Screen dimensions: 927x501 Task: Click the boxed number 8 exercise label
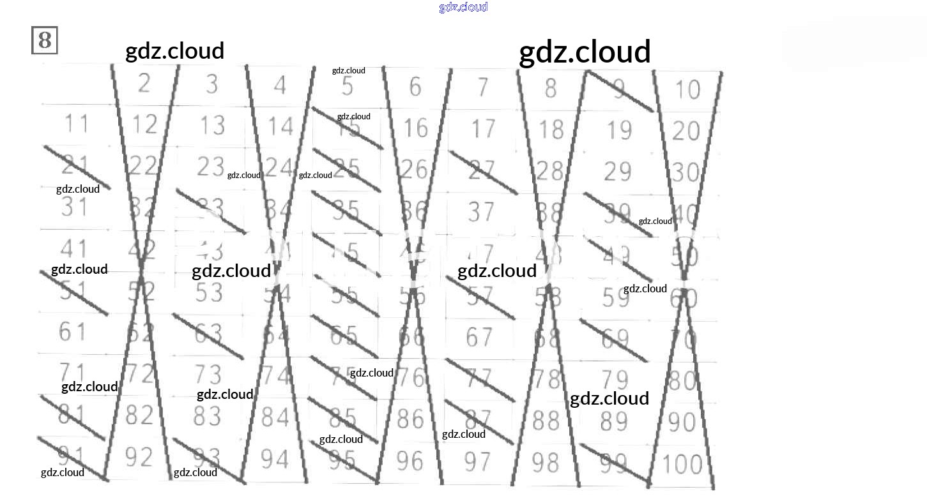point(45,40)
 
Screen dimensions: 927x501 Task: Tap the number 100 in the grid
point(683,464)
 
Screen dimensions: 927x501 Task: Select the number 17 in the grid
point(483,128)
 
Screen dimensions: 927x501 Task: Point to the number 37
point(481,212)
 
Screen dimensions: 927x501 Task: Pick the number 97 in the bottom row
point(477,461)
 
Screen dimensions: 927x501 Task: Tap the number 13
point(212,125)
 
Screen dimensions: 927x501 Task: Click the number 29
point(617,172)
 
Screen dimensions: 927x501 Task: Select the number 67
point(480,337)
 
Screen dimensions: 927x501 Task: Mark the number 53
point(209,293)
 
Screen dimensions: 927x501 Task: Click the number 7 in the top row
point(483,86)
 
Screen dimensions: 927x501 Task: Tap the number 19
point(618,130)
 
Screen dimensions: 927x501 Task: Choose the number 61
point(72,331)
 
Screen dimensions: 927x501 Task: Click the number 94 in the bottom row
point(275,458)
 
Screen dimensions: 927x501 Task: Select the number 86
point(410,419)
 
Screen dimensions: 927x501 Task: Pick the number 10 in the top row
point(687,90)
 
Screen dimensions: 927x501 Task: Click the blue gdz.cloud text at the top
point(463,7)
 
